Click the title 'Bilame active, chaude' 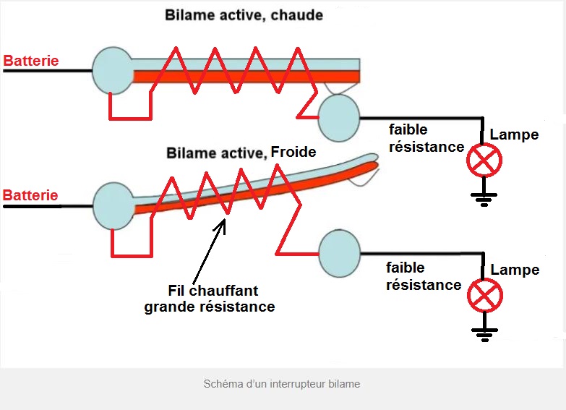click(244, 14)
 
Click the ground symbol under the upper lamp click(484, 197)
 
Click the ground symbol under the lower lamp click(484, 333)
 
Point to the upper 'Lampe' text click(514, 134)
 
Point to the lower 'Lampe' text click(515, 270)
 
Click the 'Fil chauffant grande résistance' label click(210, 299)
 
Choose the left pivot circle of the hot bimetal click(113, 70)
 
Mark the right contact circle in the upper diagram click(338, 117)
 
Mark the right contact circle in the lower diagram click(338, 253)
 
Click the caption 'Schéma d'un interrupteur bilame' click(282, 384)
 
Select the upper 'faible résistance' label click(426, 138)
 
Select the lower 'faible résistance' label click(424, 276)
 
